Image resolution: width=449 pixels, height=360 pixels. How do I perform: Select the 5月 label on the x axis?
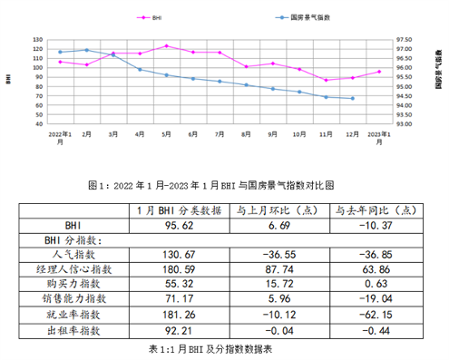pyautogui.click(x=167, y=134)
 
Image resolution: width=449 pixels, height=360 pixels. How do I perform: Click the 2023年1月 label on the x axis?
pyautogui.click(x=379, y=138)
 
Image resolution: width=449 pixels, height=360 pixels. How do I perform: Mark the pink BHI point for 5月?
pyautogui.click(x=167, y=45)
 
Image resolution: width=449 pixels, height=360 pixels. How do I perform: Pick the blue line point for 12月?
pyautogui.click(x=352, y=98)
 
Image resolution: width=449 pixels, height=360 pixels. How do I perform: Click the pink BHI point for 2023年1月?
pyautogui.click(x=379, y=72)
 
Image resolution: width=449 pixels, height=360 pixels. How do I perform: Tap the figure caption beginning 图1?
pyautogui.click(x=224, y=184)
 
